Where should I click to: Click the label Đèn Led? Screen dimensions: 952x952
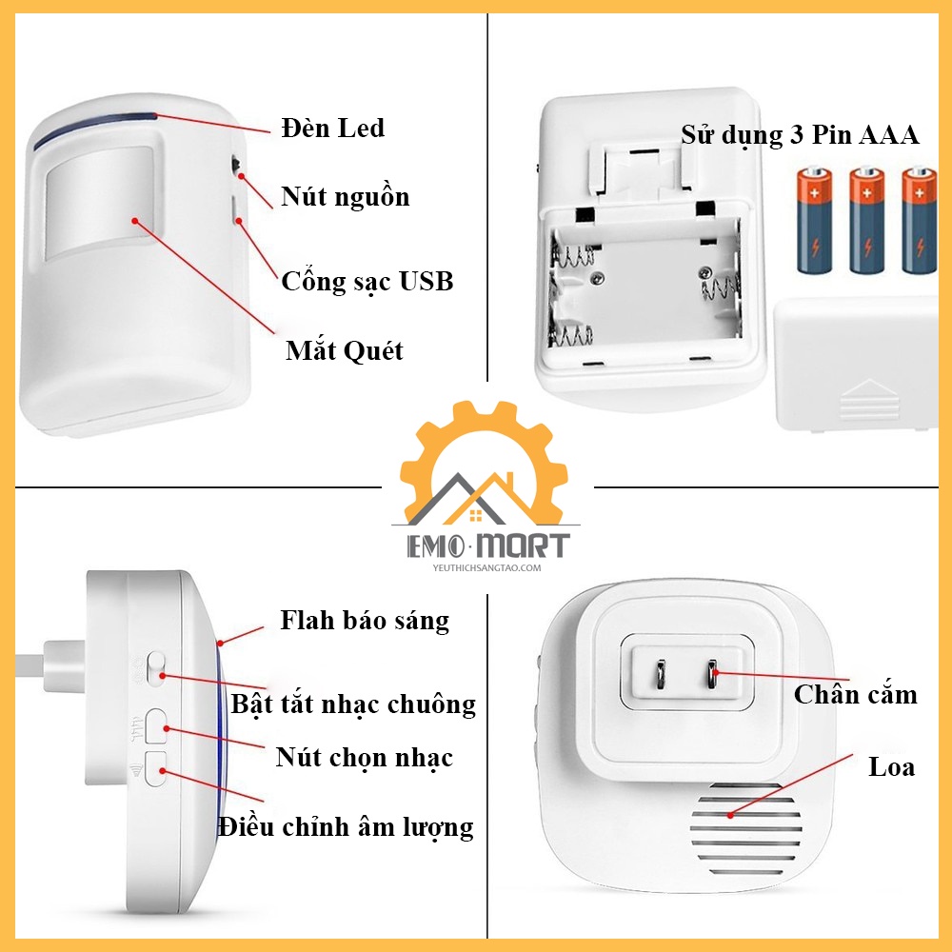click(x=333, y=128)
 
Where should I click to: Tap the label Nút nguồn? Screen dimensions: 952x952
click(x=345, y=196)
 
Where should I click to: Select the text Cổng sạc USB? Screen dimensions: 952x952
click(x=367, y=281)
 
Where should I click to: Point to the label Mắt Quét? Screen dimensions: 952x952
click(x=345, y=350)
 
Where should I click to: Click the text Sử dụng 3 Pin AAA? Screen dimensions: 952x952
click(x=800, y=135)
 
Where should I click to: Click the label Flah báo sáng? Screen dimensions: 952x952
click(x=365, y=621)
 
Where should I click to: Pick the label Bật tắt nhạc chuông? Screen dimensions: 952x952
click(x=353, y=704)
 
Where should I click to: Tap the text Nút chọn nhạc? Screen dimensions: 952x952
click(x=364, y=758)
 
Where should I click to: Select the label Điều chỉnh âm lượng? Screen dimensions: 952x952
click(x=345, y=826)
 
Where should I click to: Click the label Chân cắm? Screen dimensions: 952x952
click(x=855, y=694)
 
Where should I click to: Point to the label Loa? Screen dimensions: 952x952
click(x=891, y=766)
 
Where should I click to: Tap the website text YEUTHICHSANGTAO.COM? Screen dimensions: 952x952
click(x=486, y=568)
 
